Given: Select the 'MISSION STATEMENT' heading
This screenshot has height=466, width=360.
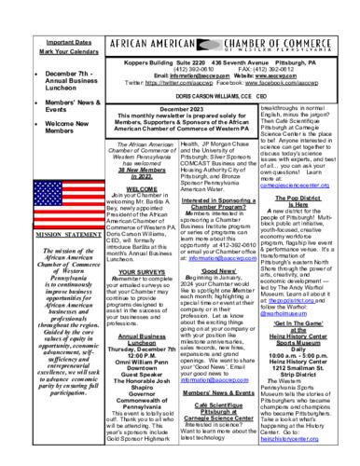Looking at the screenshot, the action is pyautogui.click(x=36, y=238).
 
